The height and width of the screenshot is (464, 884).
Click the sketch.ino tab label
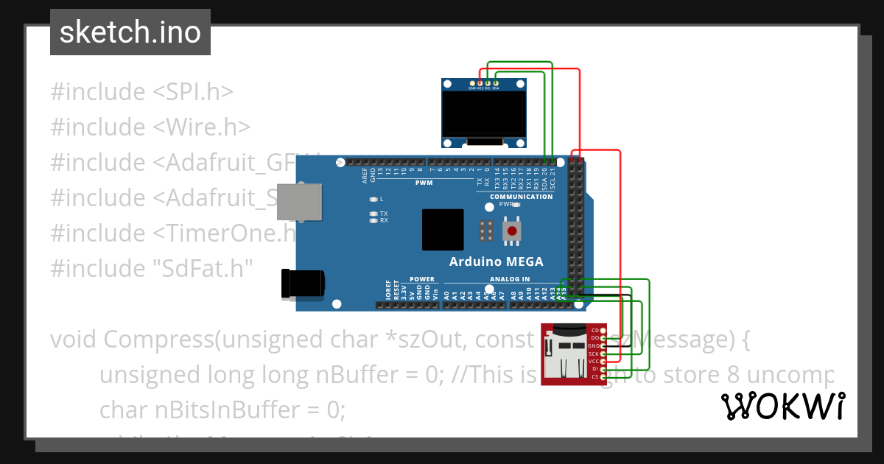(x=130, y=32)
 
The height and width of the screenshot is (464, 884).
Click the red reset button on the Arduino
(x=513, y=231)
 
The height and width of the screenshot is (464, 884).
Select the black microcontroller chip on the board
(x=443, y=230)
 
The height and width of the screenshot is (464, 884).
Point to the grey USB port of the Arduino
(x=299, y=202)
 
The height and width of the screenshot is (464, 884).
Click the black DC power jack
(x=302, y=284)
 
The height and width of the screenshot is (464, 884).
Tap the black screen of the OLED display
(x=484, y=114)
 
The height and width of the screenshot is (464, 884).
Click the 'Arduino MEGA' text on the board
(x=496, y=261)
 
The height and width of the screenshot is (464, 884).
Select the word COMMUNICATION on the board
(x=521, y=197)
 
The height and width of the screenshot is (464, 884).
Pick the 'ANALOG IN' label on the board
(x=510, y=279)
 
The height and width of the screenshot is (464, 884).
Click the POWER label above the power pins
(x=422, y=279)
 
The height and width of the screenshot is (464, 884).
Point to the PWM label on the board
(x=424, y=182)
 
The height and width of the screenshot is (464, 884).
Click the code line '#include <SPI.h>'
(x=141, y=92)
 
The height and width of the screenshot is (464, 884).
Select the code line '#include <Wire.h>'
(x=150, y=127)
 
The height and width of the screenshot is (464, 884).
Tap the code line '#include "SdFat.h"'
(x=151, y=268)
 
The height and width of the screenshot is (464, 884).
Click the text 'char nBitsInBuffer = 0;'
(x=222, y=409)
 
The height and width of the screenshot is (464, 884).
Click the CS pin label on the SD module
(x=594, y=376)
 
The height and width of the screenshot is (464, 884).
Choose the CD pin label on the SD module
(x=594, y=330)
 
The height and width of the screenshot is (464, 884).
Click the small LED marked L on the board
(x=374, y=200)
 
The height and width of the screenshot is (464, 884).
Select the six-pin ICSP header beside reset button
(x=485, y=231)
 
